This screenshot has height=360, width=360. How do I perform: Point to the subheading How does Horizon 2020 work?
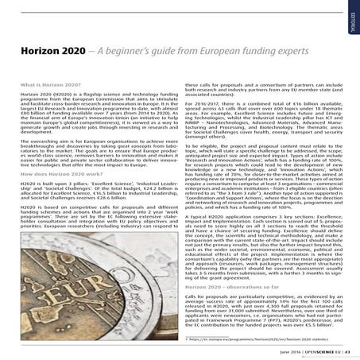coord(56,195)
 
